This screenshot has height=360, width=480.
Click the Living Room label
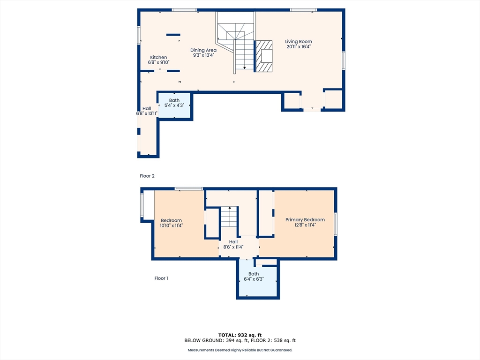(x=299, y=42)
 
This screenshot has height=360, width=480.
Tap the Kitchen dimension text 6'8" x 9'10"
(x=158, y=62)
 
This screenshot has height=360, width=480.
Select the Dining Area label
(x=203, y=50)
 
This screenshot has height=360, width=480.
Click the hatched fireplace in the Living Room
(x=264, y=56)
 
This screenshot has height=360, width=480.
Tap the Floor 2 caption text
(x=147, y=176)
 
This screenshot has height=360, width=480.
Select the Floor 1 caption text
(x=161, y=278)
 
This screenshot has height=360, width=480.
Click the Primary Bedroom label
(x=305, y=220)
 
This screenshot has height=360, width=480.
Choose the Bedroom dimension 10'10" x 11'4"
(x=171, y=225)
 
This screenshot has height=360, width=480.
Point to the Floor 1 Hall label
(x=233, y=242)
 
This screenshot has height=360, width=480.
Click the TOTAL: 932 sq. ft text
(x=240, y=335)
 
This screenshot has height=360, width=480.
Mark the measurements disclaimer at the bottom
(x=240, y=350)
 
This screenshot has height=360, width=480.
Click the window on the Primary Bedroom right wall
(x=336, y=224)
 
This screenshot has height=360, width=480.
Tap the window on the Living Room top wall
(x=303, y=10)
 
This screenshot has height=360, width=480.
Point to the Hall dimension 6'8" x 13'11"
(x=147, y=113)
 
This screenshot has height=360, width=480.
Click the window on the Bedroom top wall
(x=189, y=189)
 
